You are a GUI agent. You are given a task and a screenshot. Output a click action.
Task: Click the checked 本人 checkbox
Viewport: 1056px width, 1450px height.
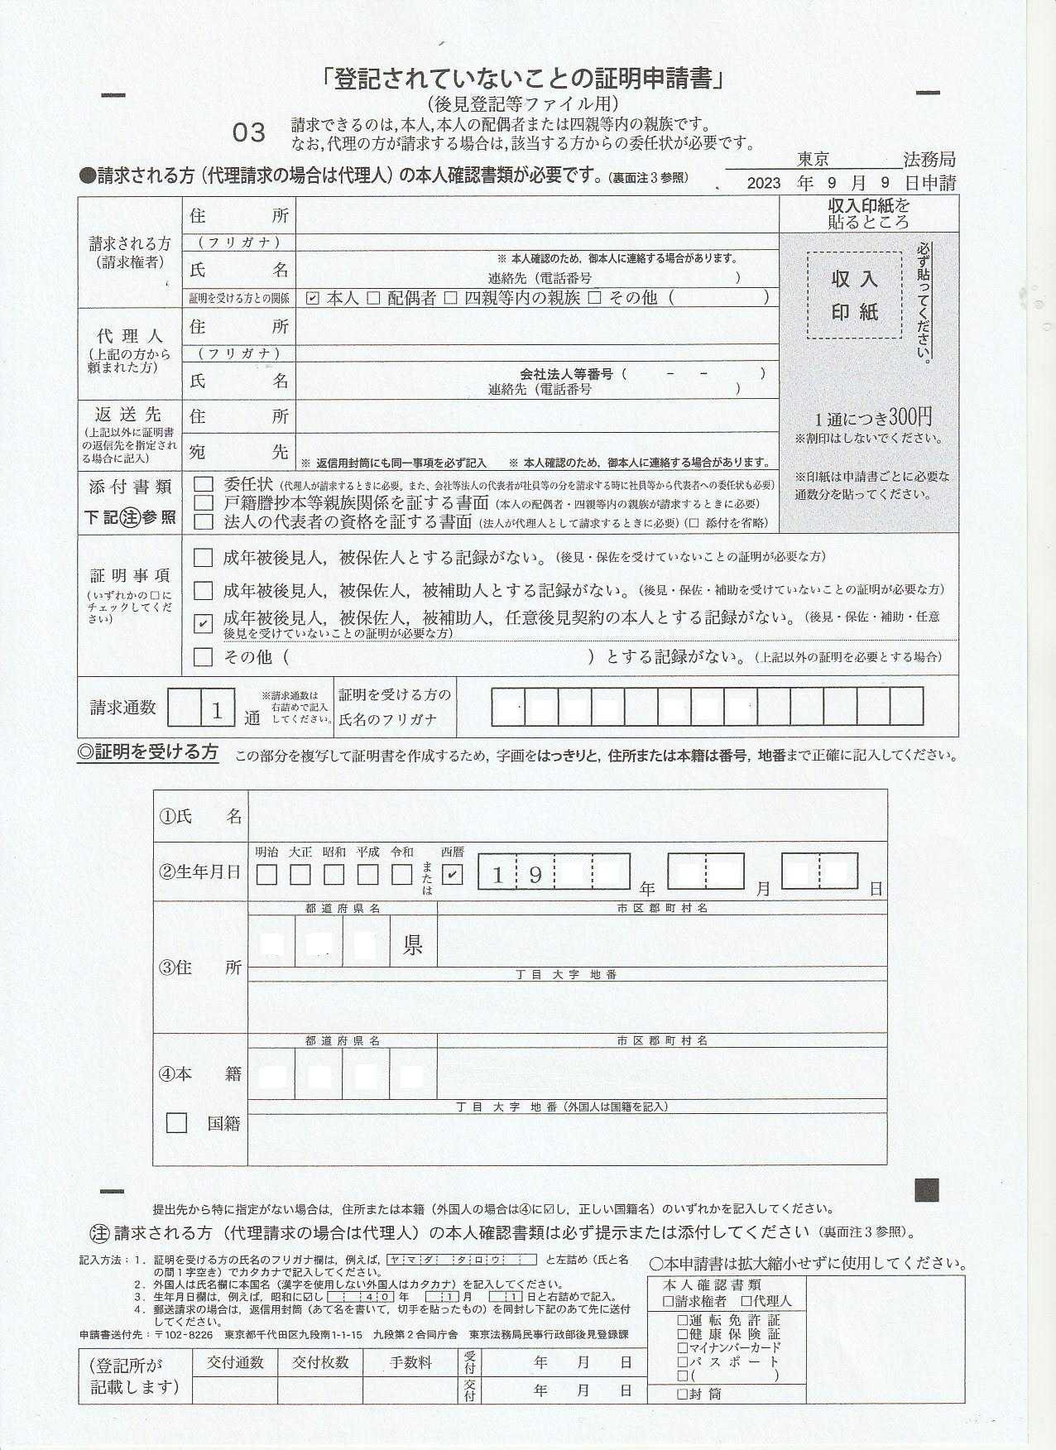(312, 298)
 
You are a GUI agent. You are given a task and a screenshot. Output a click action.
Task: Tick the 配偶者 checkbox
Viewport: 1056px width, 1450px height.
(373, 298)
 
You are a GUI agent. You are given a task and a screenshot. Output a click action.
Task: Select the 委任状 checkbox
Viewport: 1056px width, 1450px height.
(203, 484)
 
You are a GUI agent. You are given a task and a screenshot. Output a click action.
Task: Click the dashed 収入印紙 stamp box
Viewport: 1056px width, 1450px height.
(854, 295)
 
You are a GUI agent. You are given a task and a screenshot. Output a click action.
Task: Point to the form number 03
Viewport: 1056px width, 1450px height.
(248, 132)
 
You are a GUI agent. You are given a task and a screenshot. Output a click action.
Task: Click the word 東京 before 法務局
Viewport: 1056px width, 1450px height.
(813, 159)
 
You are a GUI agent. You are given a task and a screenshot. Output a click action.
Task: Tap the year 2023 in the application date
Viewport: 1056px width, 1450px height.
(763, 183)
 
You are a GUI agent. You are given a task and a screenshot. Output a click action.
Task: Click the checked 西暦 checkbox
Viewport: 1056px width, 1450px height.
(452, 874)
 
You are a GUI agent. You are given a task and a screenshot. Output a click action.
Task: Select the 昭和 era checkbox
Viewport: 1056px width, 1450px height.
(334, 874)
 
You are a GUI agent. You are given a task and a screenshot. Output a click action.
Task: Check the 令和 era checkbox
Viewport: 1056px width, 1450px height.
(401, 874)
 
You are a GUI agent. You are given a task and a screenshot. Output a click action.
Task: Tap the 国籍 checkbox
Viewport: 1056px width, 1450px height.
(176, 1122)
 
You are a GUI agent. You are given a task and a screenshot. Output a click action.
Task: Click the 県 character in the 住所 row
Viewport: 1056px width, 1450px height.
(412, 944)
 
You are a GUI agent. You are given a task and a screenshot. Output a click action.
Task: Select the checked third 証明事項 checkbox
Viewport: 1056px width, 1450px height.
(203, 623)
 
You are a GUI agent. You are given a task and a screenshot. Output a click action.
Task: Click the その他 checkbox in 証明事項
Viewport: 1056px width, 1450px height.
(203, 657)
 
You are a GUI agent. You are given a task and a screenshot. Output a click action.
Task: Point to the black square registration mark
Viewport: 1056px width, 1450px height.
(926, 1190)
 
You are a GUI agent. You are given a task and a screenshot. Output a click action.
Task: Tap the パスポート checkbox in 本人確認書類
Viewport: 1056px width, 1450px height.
(682, 1361)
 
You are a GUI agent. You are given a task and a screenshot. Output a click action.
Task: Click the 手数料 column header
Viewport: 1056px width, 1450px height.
(411, 1362)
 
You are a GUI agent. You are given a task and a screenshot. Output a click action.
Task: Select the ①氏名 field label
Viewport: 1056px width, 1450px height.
(200, 816)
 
